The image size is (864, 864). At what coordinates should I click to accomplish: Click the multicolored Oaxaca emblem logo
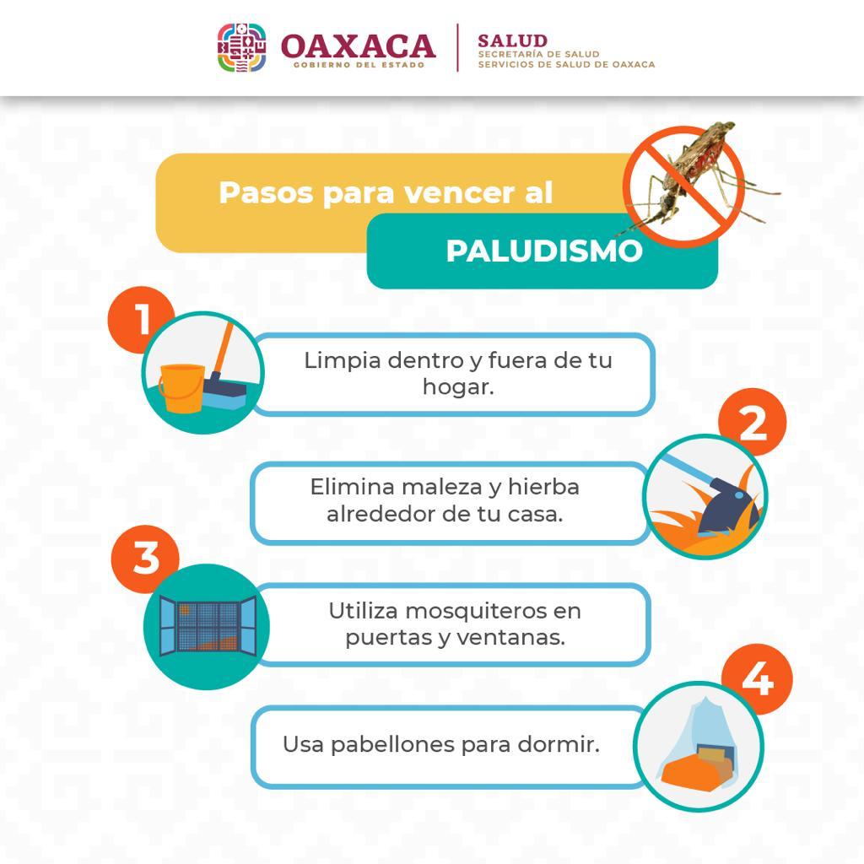coord(242,47)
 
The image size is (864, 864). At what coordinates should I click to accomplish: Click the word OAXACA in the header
coord(358,46)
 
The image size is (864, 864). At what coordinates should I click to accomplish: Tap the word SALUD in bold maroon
coord(512,40)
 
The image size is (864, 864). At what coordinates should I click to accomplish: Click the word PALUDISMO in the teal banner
coord(544,251)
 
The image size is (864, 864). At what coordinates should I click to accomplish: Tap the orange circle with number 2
coord(753,422)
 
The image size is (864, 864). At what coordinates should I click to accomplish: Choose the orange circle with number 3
coord(145,559)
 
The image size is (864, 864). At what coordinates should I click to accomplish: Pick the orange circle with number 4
coord(758,678)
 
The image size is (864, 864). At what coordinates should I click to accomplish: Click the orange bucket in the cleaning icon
coord(182,388)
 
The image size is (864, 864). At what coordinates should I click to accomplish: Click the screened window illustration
coord(208,626)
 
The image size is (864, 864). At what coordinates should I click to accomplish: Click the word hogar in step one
coord(458,387)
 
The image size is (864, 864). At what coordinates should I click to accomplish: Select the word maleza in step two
coord(442,487)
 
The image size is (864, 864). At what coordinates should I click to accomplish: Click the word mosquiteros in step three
coord(472,611)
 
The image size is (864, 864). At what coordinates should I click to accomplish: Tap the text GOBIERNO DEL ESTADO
coord(359,65)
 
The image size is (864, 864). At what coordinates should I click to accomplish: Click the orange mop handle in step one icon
coord(224,348)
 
